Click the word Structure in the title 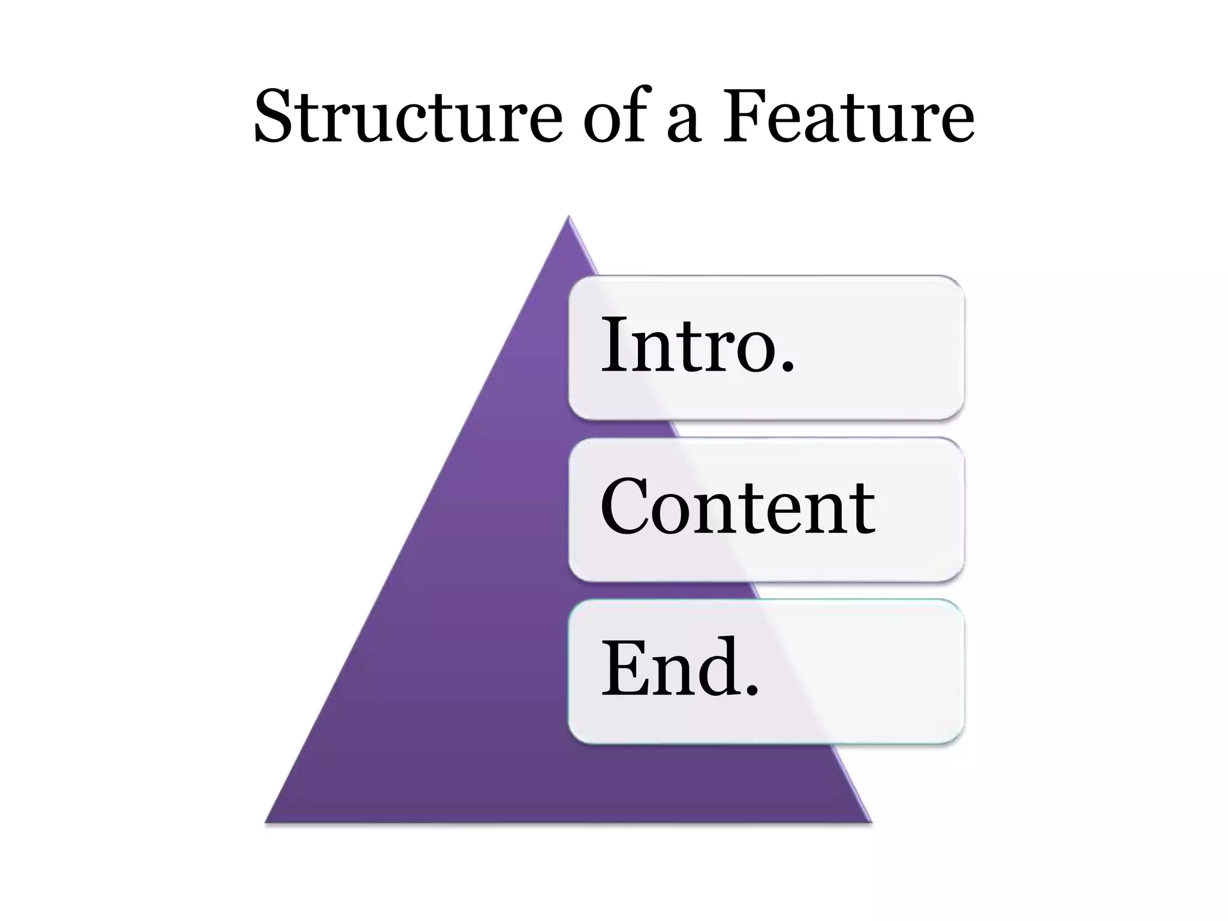(x=408, y=117)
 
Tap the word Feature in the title (x=848, y=117)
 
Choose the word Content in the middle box (x=738, y=507)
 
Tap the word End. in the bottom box (x=680, y=668)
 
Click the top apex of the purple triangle (x=568, y=217)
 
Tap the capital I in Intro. (x=614, y=345)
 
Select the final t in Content (x=863, y=510)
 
